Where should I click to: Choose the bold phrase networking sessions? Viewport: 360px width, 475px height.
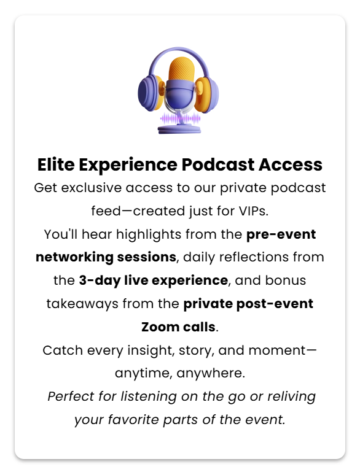coord(106,258)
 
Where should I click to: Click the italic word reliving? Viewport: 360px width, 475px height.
coord(290,396)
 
